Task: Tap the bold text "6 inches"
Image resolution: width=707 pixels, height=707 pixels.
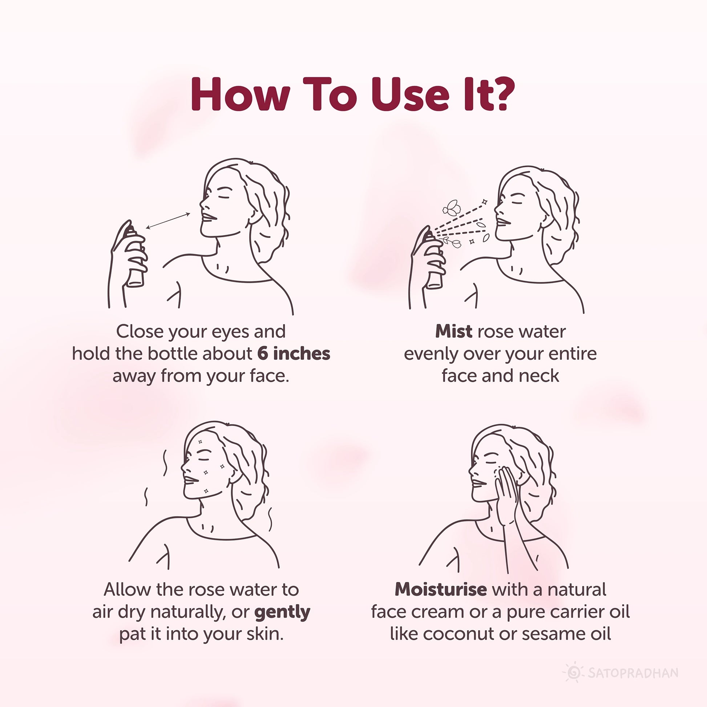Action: pos(294,353)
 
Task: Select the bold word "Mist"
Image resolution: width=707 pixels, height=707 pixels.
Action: pos(453,332)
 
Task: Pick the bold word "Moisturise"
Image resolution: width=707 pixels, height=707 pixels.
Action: pos(441,589)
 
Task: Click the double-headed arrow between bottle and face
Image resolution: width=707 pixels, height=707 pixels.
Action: pos(168,221)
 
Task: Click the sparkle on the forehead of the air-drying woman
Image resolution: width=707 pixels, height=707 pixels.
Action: pos(200,442)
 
